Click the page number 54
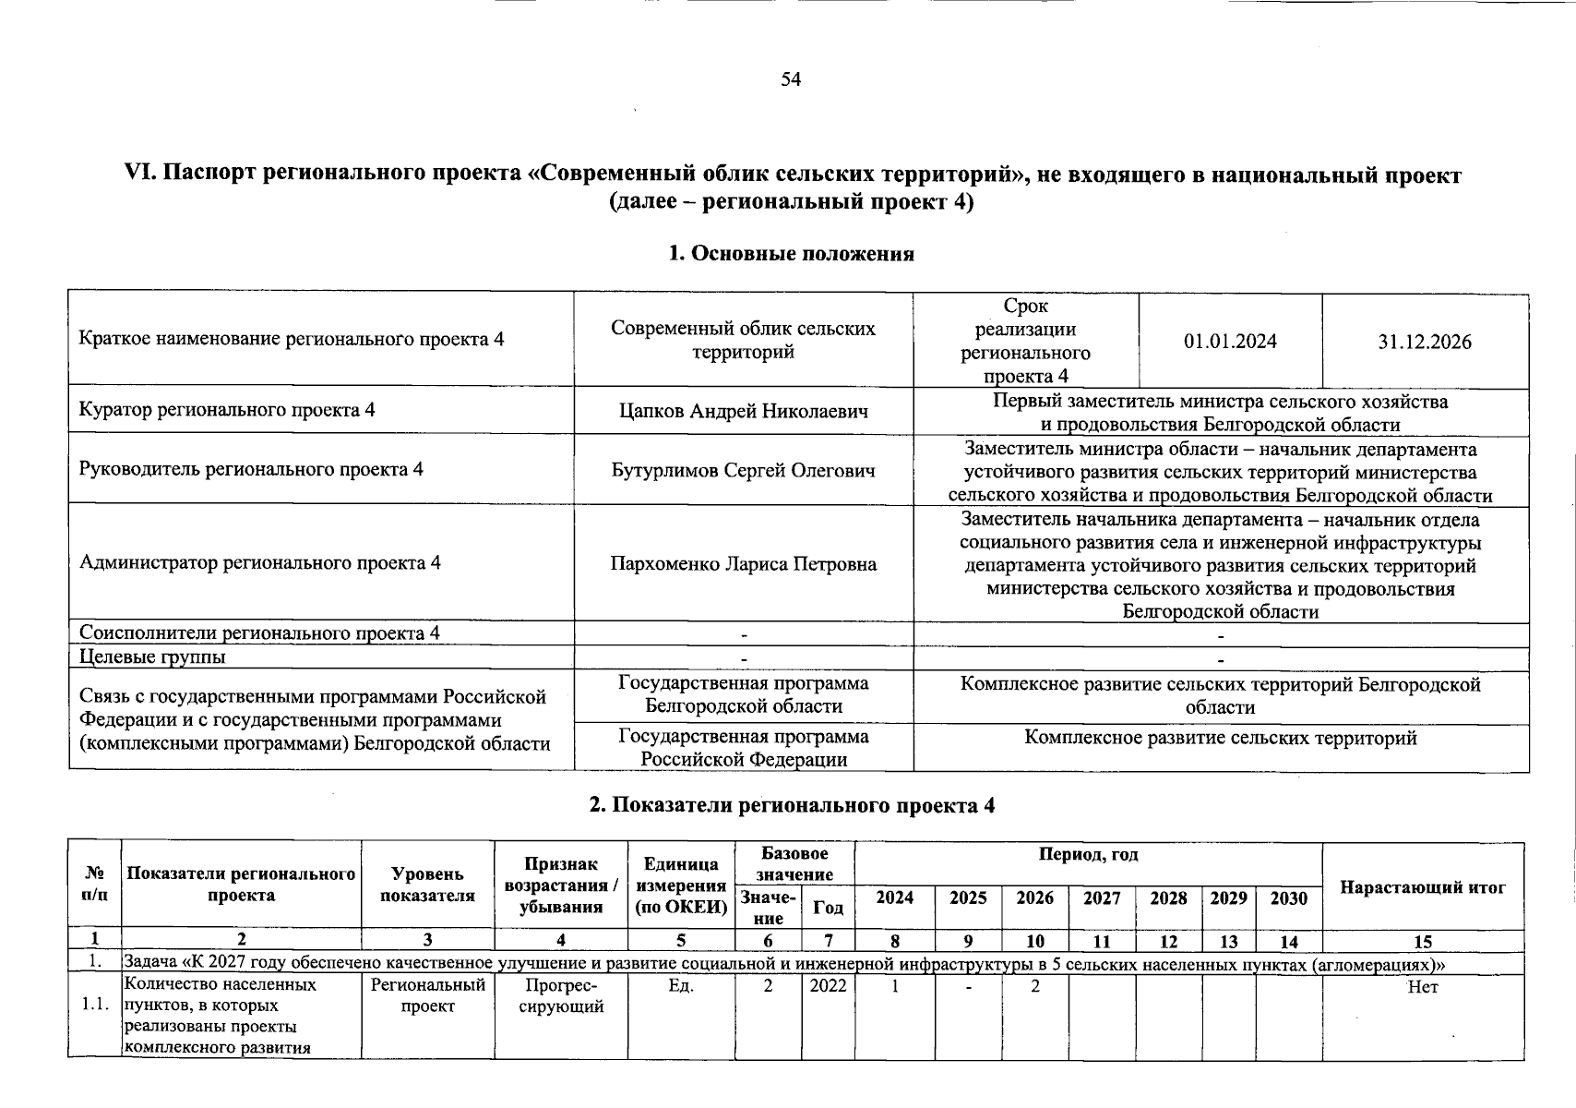tap(791, 79)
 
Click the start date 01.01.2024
tap(1230, 342)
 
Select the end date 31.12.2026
tap(1425, 342)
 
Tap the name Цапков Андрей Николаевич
tap(743, 411)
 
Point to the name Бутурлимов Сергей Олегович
tap(743, 470)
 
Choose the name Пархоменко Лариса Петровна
tap(743, 563)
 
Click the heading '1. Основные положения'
tap(791, 254)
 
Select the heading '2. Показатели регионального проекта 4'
tap(792, 805)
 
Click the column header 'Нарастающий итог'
tap(1422, 887)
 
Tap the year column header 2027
tap(1102, 898)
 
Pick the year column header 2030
tap(1288, 898)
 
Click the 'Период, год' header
tap(1088, 855)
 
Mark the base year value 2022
tap(827, 986)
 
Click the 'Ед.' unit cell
tap(681, 986)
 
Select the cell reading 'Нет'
tap(1423, 987)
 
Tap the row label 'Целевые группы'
tap(152, 657)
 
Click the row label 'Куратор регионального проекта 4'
tap(227, 410)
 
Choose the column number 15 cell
tap(1422, 942)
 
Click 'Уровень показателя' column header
tap(427, 885)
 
